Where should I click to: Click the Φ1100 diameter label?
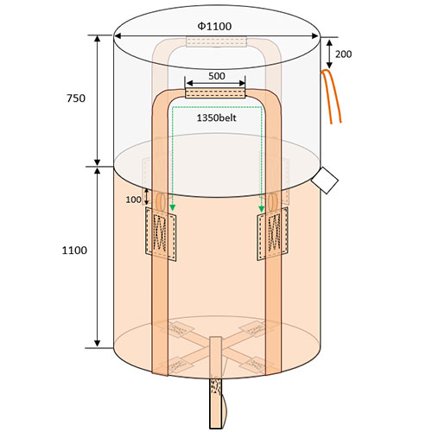click(x=214, y=26)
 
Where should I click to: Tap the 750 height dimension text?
click(x=76, y=98)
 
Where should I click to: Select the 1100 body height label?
click(x=74, y=251)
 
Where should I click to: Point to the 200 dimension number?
click(x=344, y=54)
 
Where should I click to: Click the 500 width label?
click(x=217, y=76)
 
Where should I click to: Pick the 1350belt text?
click(x=217, y=118)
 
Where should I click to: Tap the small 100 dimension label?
click(x=133, y=200)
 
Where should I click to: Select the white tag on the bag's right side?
click(x=325, y=181)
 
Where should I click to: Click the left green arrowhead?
click(x=172, y=208)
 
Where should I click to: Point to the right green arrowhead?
click(x=261, y=208)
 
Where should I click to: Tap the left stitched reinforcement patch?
click(x=161, y=234)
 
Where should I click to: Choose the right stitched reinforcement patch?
click(x=272, y=233)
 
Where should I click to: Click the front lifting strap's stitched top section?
click(x=215, y=93)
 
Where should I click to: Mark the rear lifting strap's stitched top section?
click(x=217, y=41)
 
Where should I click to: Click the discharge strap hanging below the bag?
click(x=216, y=403)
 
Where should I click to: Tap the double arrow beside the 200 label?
click(x=329, y=54)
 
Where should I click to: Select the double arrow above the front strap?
click(x=216, y=84)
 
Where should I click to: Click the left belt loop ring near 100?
click(x=161, y=201)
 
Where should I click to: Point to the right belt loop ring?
click(x=272, y=201)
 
